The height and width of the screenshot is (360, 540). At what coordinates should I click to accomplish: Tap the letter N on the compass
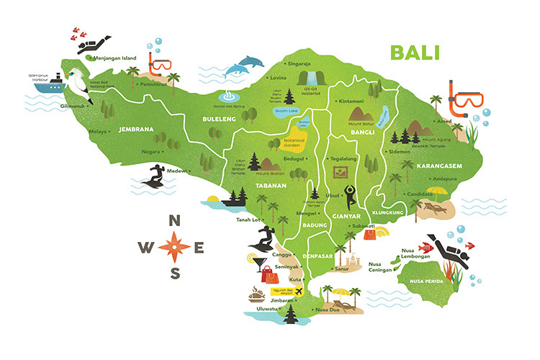(x=174, y=222)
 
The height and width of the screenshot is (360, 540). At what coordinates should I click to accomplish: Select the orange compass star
(x=174, y=247)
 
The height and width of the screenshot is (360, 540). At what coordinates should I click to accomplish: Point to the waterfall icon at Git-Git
(x=310, y=78)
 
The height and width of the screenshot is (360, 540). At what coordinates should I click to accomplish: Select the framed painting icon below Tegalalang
(x=339, y=173)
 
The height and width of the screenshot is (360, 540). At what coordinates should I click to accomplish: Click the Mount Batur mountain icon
(x=359, y=112)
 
